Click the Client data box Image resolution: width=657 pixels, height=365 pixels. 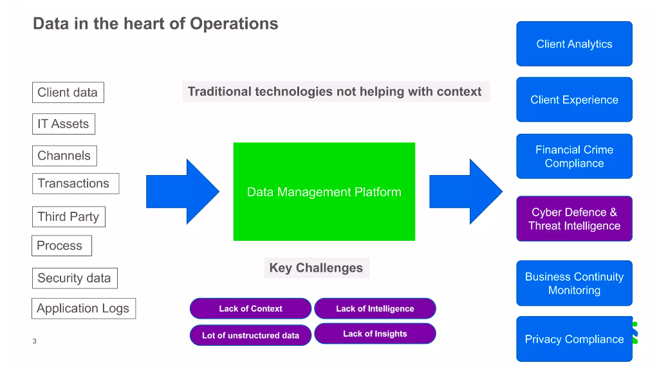point(68,92)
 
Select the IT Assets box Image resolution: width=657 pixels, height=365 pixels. point(64,124)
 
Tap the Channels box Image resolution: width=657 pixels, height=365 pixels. point(64,156)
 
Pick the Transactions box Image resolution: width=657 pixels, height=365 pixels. point(75,183)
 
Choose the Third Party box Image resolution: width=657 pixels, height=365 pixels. point(69,217)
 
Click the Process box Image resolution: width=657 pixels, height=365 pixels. point(62,245)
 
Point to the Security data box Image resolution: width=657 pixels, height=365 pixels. point(75,278)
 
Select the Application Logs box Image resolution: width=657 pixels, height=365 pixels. point(84,308)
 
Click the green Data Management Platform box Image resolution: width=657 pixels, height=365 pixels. point(324,191)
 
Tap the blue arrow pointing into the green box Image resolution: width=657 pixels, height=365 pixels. point(182,191)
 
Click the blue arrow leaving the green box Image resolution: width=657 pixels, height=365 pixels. point(465,191)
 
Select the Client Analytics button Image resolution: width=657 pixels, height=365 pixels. point(574,44)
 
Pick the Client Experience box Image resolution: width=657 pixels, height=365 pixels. point(574,100)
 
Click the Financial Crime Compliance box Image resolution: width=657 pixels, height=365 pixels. point(574,156)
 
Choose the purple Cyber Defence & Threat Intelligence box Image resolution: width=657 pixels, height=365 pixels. point(574,219)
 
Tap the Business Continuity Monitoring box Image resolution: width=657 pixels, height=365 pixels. point(574,283)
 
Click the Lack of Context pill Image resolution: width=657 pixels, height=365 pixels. point(250,309)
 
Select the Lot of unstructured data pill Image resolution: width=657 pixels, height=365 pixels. point(250,335)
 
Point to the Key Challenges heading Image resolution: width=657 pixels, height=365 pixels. point(317,268)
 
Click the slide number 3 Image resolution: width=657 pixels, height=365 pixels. point(34,341)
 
